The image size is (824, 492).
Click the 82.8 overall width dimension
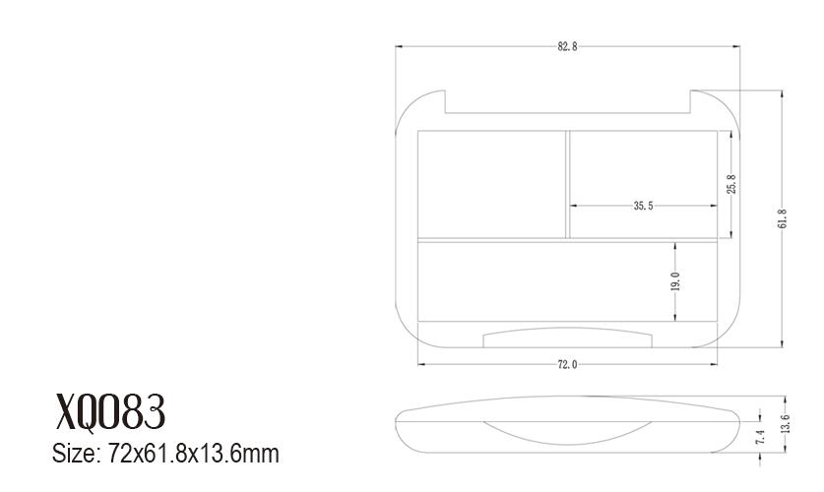pyautogui.click(x=568, y=46)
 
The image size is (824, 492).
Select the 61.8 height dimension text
pyautogui.click(x=782, y=218)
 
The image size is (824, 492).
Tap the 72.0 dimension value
pyautogui.click(x=568, y=364)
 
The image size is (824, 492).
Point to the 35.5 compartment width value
pyautogui.click(x=643, y=206)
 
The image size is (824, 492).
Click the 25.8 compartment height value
pyautogui.click(x=732, y=184)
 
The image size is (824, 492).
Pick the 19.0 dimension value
pyautogui.click(x=675, y=280)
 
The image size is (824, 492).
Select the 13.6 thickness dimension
pyautogui.click(x=786, y=424)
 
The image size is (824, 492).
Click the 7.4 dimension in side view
pyautogui.click(x=760, y=437)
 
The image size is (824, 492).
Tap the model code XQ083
pyautogui.click(x=110, y=411)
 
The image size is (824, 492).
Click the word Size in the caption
pyautogui.click(x=76, y=454)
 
